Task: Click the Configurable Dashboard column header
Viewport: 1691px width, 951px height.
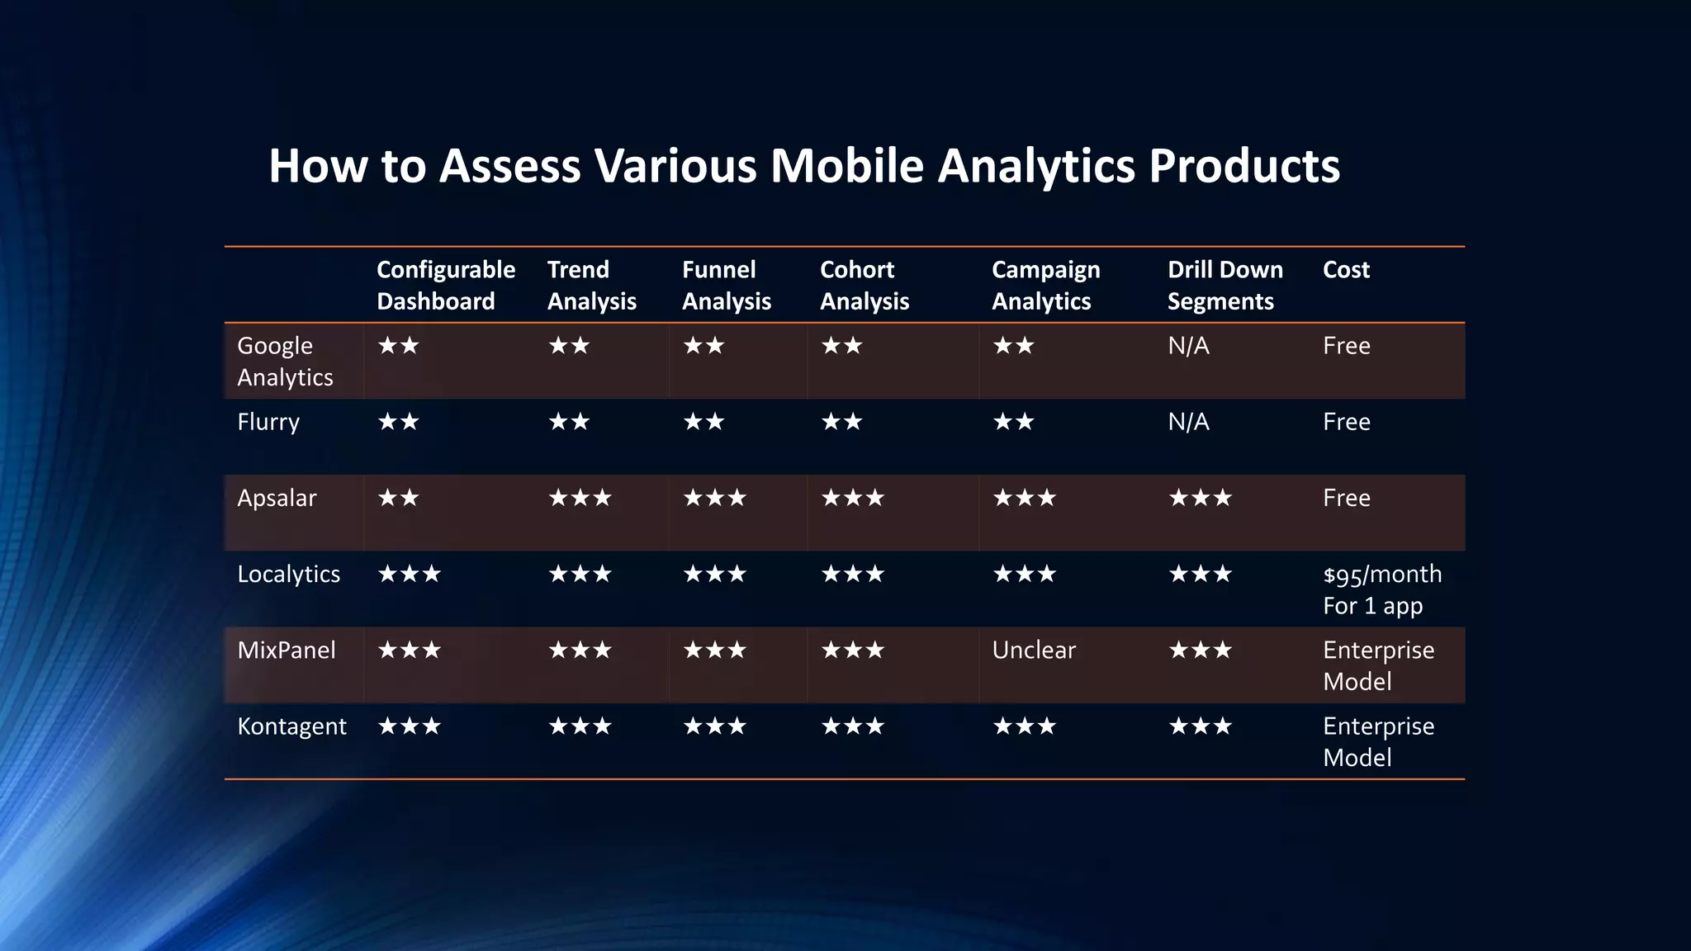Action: [445, 285]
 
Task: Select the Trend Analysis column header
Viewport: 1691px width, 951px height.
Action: [591, 285]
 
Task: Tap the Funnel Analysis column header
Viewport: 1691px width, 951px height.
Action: [726, 285]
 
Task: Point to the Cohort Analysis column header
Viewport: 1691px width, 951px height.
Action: [864, 285]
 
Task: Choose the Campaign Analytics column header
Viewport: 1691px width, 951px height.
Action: [1045, 285]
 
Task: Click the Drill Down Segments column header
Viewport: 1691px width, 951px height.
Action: [1224, 285]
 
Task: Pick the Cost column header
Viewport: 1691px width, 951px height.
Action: [1345, 270]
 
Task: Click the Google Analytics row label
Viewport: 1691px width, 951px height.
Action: [284, 361]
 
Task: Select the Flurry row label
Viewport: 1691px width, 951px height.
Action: [268, 422]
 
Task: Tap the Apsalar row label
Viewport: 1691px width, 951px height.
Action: [276, 498]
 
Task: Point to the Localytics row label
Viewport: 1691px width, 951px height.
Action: [288, 574]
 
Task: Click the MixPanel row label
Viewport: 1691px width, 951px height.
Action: [286, 650]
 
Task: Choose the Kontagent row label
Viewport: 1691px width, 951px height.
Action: [291, 726]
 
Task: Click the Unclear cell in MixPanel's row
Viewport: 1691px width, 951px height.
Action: [1033, 650]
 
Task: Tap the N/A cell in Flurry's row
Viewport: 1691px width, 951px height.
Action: [1187, 422]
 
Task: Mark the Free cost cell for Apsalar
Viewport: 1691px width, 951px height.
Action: [1346, 498]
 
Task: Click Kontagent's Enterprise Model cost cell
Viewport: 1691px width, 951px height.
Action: [1377, 741]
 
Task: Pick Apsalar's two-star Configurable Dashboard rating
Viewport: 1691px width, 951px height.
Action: [398, 498]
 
